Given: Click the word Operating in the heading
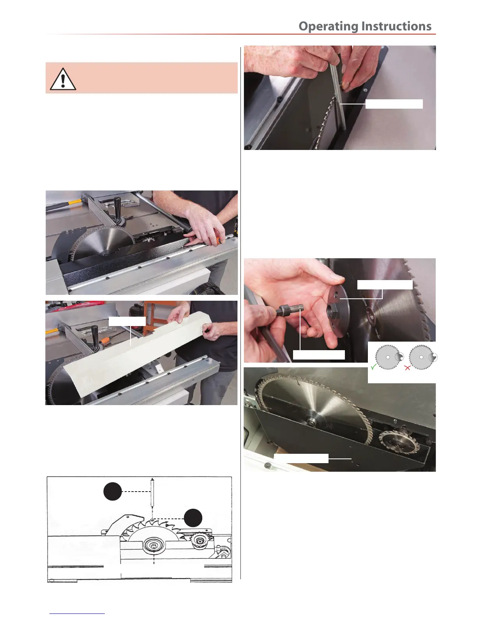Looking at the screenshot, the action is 328,26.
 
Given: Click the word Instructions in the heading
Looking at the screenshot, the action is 396,26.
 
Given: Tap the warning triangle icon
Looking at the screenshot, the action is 63,79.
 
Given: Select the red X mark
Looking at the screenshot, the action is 407,368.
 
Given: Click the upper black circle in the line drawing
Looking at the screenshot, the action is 113,491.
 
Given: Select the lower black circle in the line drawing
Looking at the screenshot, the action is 193,518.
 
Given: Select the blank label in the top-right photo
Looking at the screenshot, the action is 394,104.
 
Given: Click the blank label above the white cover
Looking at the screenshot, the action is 127,321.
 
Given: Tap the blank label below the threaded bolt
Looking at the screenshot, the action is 319,355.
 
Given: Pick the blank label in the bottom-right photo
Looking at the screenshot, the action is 301,458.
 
